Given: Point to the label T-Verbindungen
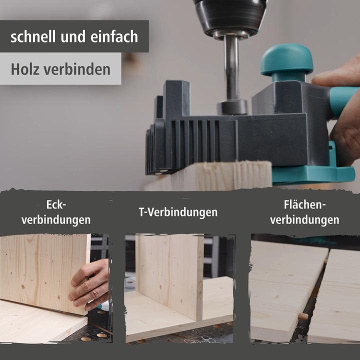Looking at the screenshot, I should pyautogui.click(x=178, y=212).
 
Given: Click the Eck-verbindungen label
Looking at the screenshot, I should pyautogui.click(x=56, y=212).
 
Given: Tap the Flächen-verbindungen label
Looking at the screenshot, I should pyautogui.click(x=304, y=212).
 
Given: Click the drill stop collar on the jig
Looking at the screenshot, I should pyautogui.click(x=232, y=106).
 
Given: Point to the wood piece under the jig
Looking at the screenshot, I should pyautogui.click(x=210, y=176).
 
